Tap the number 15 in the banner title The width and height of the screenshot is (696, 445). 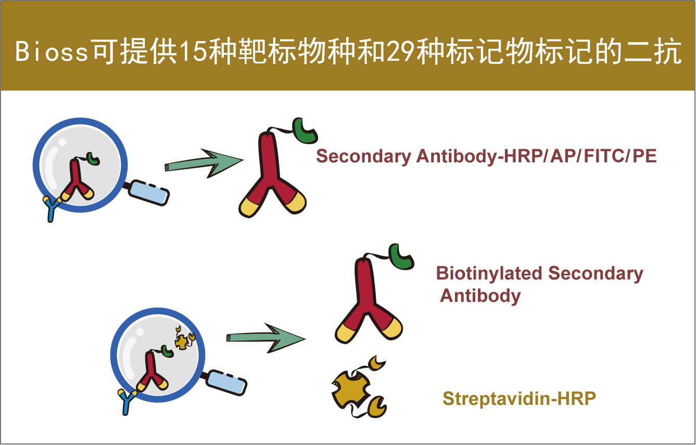pos(193,52)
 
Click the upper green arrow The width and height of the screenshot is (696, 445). pos(204,163)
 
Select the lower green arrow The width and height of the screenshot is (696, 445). pos(265,338)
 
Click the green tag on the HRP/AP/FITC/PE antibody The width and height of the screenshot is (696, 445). pos(304,131)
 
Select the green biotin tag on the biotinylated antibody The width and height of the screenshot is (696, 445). pos(400,257)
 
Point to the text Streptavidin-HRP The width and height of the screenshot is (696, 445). pos(519,398)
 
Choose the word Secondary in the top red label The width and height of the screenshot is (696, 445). pos(363,157)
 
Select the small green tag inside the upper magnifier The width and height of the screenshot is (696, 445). pos(93,159)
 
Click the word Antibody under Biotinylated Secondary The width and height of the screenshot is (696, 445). pos(480,296)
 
